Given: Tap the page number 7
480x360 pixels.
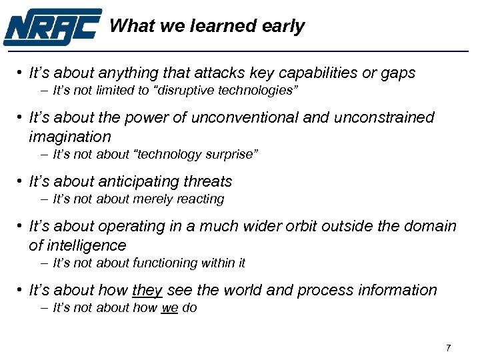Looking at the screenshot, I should coord(448,348).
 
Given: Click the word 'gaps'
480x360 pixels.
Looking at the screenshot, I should coord(399,73).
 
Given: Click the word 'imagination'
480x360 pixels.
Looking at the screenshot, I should coord(70,137).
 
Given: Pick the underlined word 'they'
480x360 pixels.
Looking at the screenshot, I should coord(148,291).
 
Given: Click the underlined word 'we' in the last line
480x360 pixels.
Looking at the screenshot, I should coord(169,308).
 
